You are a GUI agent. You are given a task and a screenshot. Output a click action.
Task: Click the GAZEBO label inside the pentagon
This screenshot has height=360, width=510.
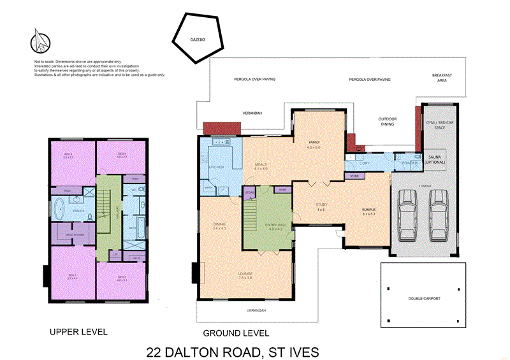[x=197, y=40]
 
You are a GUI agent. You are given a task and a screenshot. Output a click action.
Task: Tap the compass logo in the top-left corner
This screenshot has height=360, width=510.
[x=40, y=41]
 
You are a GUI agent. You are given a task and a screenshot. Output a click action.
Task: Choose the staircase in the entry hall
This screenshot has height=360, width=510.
[x=254, y=217]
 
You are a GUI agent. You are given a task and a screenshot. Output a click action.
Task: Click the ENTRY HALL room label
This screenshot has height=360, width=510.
[x=275, y=226]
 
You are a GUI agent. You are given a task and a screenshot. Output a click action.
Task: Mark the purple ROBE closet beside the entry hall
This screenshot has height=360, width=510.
[x=282, y=190]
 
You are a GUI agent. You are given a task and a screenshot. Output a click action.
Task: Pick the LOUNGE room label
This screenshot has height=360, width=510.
[x=245, y=275]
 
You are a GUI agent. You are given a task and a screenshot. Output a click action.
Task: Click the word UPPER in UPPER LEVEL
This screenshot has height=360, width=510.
[x=64, y=332]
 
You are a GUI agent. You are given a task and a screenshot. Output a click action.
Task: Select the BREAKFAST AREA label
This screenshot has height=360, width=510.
[x=442, y=78]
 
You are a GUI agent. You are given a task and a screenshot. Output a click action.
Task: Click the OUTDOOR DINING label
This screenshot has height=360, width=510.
[x=388, y=122]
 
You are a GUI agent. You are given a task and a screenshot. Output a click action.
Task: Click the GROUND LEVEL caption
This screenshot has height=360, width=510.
[x=236, y=333]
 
